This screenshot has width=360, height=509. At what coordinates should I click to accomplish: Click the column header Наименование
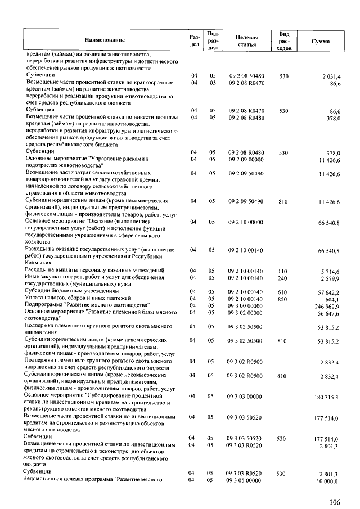coord(105,40)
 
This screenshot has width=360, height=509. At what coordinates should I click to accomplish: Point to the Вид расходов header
coord(284,41)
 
